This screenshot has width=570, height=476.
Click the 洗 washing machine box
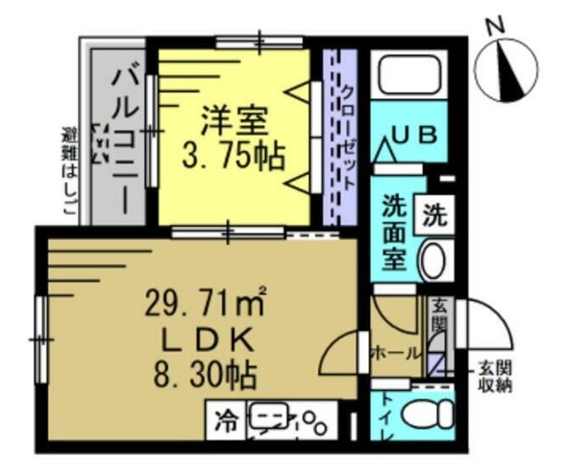433,214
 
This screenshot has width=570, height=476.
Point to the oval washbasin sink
434,260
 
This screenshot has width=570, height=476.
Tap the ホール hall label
395,353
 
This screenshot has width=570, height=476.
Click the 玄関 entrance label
439,316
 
